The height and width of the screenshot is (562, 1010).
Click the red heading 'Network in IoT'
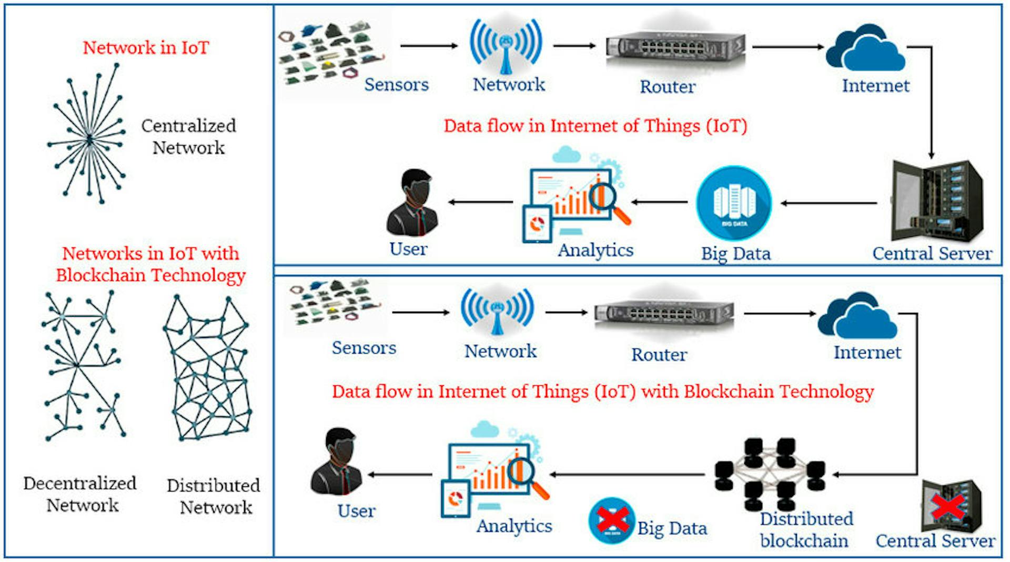(x=146, y=48)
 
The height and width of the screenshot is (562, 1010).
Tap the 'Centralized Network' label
(x=188, y=136)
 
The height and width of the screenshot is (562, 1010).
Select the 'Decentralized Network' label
(x=80, y=494)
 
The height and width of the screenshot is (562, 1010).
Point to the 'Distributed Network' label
(x=214, y=496)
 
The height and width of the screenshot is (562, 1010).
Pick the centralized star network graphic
(x=88, y=134)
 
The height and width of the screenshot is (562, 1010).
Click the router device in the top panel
(x=675, y=49)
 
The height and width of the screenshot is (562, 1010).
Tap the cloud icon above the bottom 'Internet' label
(x=857, y=316)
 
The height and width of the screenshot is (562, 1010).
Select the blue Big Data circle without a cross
(x=734, y=204)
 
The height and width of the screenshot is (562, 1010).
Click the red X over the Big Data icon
(x=612, y=519)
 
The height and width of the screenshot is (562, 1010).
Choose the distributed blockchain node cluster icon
(x=770, y=474)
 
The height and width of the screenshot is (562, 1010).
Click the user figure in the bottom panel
(x=337, y=461)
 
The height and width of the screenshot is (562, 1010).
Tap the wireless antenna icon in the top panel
(x=506, y=46)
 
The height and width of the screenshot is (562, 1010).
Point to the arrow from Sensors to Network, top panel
(x=429, y=46)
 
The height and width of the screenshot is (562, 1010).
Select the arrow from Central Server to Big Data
(x=829, y=203)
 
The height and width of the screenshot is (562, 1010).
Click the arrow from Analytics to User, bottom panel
(x=400, y=475)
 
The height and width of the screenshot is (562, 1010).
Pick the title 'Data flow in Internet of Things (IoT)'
(x=595, y=126)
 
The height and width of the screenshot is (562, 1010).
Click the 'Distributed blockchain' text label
(x=806, y=530)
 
